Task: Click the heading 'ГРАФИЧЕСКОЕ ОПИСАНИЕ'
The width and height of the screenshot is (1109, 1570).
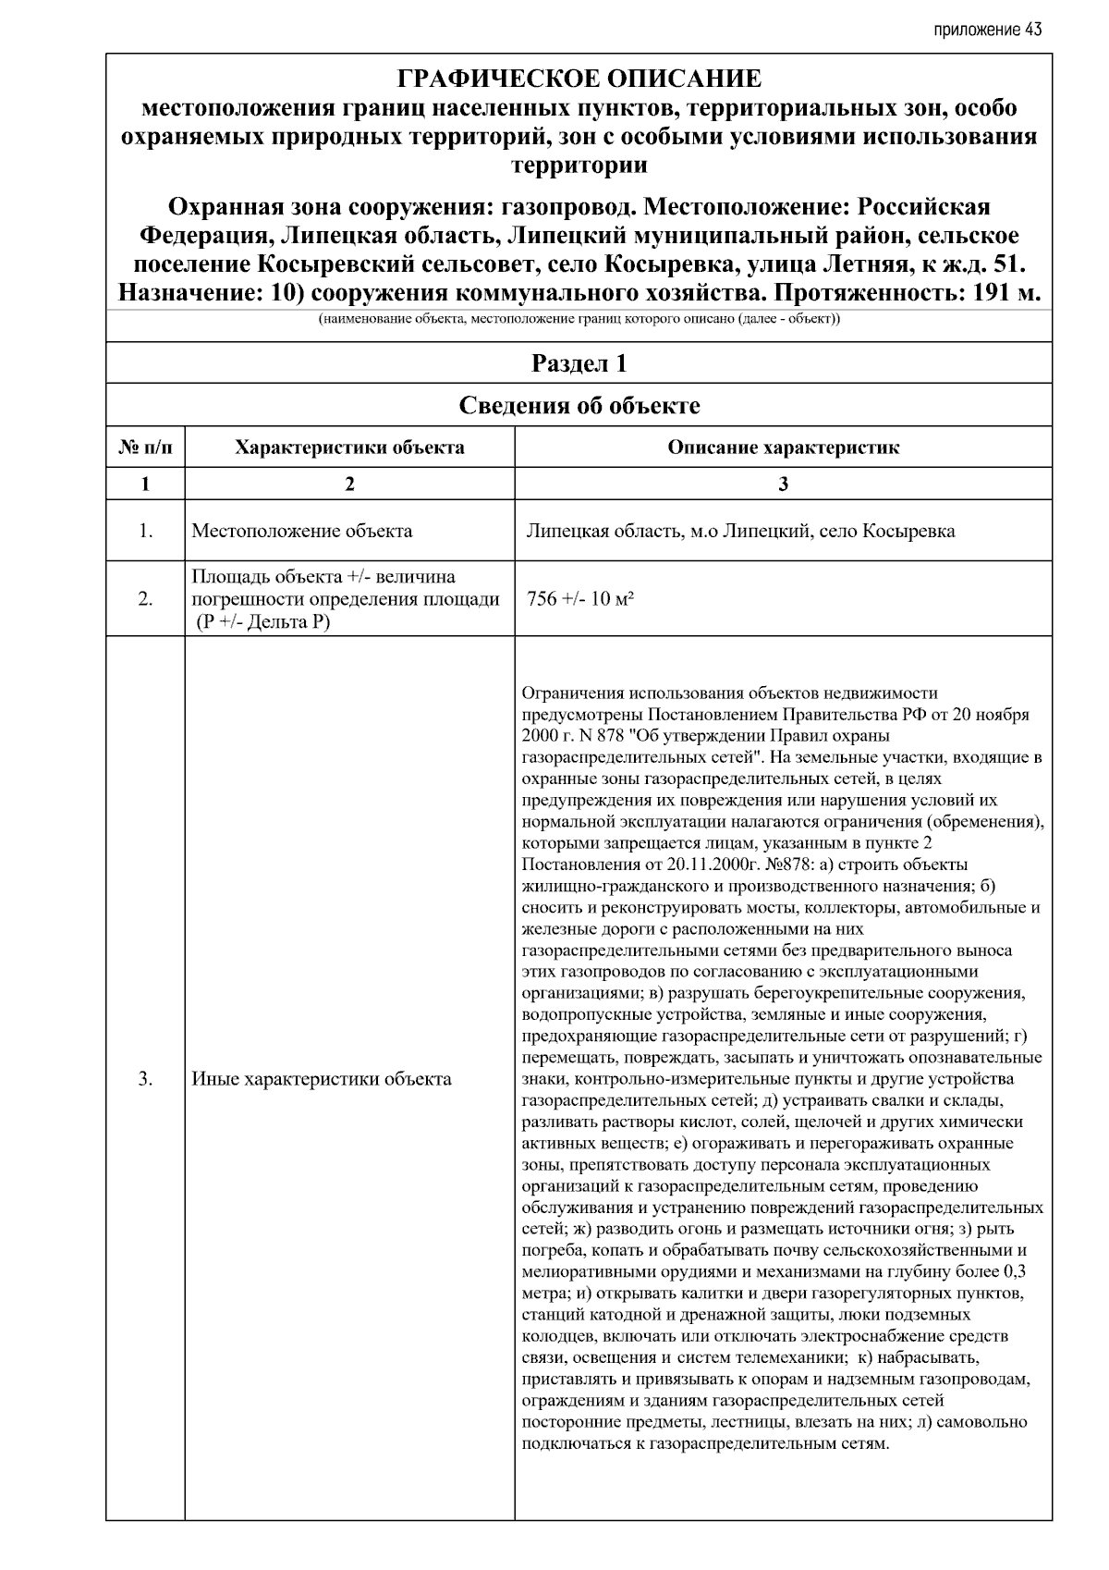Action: pos(579,79)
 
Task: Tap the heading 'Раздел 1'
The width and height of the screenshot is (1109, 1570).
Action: pos(579,363)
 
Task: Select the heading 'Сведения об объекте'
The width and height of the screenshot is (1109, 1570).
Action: pos(579,406)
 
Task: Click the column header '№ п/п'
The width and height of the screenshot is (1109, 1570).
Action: pos(145,448)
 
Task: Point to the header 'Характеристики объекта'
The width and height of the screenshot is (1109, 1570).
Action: pos(349,448)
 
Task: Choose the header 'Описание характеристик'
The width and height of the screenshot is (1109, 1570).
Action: pos(783,448)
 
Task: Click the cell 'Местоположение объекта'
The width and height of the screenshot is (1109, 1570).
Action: pos(301,531)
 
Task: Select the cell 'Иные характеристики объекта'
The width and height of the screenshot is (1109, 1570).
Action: pos(321,1079)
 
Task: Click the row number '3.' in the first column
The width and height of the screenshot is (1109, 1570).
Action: pos(145,1079)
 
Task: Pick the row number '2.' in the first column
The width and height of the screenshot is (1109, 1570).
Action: pos(145,599)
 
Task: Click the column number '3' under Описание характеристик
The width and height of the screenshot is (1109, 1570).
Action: pos(783,484)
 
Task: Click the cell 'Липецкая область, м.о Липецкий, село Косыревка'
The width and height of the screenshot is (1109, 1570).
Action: pos(740,531)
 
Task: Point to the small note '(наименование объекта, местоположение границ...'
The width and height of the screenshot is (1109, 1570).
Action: pos(579,320)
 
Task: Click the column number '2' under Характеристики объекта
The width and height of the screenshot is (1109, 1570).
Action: pos(349,484)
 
